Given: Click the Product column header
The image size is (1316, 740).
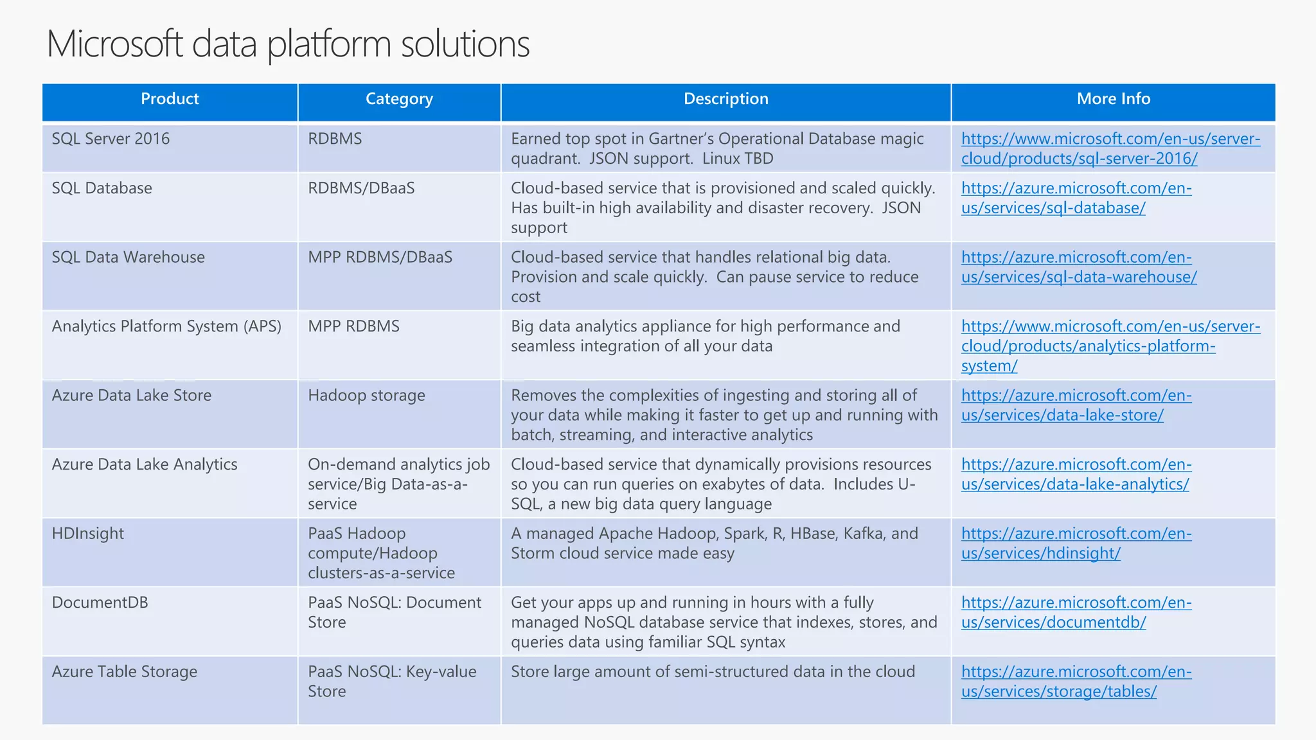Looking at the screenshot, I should coord(170,99).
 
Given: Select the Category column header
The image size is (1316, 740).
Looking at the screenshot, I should coord(399,99).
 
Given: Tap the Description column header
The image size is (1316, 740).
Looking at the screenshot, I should coord(725,99).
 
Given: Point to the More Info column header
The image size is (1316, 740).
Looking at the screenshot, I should coord(1113,99).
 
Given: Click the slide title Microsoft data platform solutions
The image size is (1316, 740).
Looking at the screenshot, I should coord(288,44).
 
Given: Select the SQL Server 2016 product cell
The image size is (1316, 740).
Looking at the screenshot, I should coord(111,139).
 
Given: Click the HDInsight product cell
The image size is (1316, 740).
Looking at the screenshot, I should coord(88,534).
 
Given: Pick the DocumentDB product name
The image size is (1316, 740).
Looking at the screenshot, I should coord(100,603).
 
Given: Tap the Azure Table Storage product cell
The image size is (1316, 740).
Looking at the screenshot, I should coord(125,672).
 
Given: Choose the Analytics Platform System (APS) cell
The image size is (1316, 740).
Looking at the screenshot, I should coord(166,326).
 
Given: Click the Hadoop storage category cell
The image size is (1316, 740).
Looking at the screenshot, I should coord(366,396).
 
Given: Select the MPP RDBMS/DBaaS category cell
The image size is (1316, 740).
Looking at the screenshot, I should coord(380,258).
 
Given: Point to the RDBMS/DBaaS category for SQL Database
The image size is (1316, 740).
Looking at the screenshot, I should coord(361,188).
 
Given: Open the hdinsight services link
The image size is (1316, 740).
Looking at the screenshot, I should coord(1076,543).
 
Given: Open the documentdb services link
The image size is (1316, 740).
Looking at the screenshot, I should coord(1076,613).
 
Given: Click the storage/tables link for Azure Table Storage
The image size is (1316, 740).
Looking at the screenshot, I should coord(1076,682).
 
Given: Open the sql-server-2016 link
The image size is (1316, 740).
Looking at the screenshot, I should coord(1110,148).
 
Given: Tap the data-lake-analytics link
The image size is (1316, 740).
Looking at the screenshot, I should coord(1076,475).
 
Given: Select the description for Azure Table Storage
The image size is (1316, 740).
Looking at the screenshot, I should coord(713,672).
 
